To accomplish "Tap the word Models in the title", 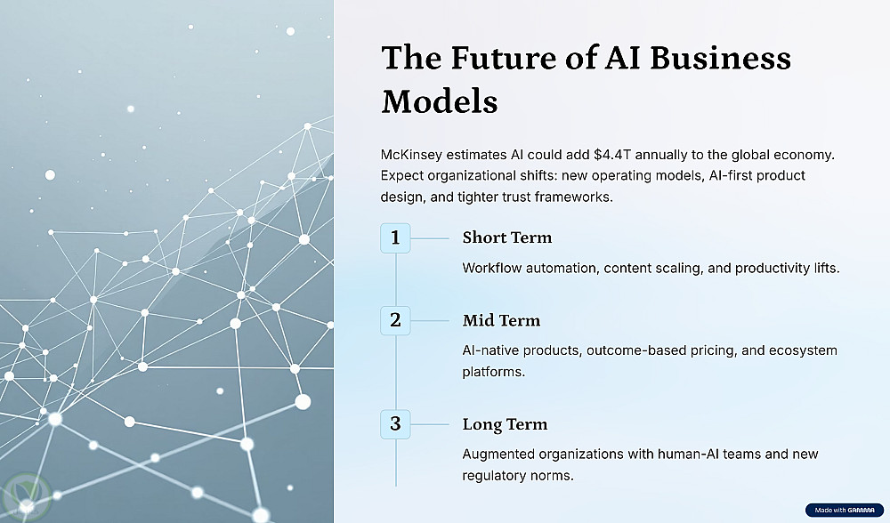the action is click(440, 102).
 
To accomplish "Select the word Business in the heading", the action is click(720, 58).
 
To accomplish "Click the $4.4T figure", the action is click(612, 155).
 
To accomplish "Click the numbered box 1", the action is click(395, 237).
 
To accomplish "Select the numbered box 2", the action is click(395, 320).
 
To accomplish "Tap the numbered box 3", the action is click(395, 424).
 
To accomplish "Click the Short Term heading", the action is click(507, 237).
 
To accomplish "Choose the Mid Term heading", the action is click(501, 320).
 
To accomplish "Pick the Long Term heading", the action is click(505, 425).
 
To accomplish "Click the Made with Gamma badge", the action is click(844, 510).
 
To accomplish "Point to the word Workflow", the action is click(491, 268).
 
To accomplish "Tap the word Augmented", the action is click(498, 455).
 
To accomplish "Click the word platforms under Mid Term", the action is click(493, 372).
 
